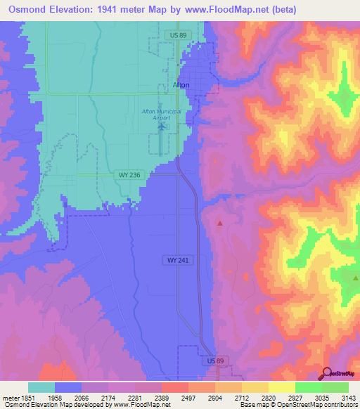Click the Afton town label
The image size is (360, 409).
coord(181,85)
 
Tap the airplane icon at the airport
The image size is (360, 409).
coord(163,127)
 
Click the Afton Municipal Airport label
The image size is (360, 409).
coord(162,115)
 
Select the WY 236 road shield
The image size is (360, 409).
coord(124,174)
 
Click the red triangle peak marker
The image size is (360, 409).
coord(220,223)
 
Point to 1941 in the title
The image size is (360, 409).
coord(107,10)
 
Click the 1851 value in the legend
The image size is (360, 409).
coord(27,397)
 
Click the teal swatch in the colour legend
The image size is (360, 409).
coord(41,387)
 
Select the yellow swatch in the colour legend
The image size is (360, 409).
coord(281,387)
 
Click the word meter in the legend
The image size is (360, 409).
coord(9,397)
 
